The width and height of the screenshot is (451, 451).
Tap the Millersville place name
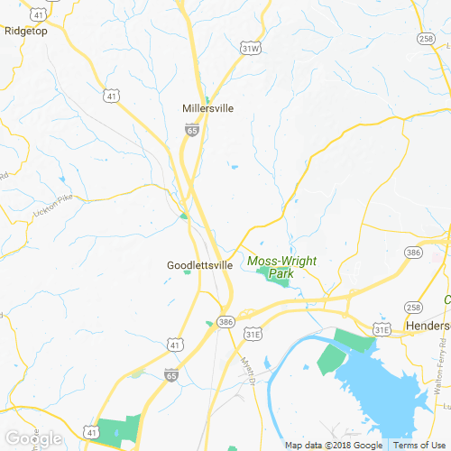click(x=207, y=108)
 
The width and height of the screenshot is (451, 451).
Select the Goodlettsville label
click(x=199, y=266)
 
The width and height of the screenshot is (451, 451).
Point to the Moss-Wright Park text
click(x=281, y=267)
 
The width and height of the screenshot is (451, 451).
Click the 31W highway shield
click(x=251, y=47)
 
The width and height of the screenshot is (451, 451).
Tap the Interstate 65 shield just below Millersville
click(x=192, y=130)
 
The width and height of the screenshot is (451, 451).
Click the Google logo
click(x=33, y=439)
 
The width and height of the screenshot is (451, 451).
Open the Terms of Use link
click(x=419, y=446)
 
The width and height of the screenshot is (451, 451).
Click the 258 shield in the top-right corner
click(x=427, y=38)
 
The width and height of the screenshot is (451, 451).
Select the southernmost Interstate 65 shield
click(x=171, y=373)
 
